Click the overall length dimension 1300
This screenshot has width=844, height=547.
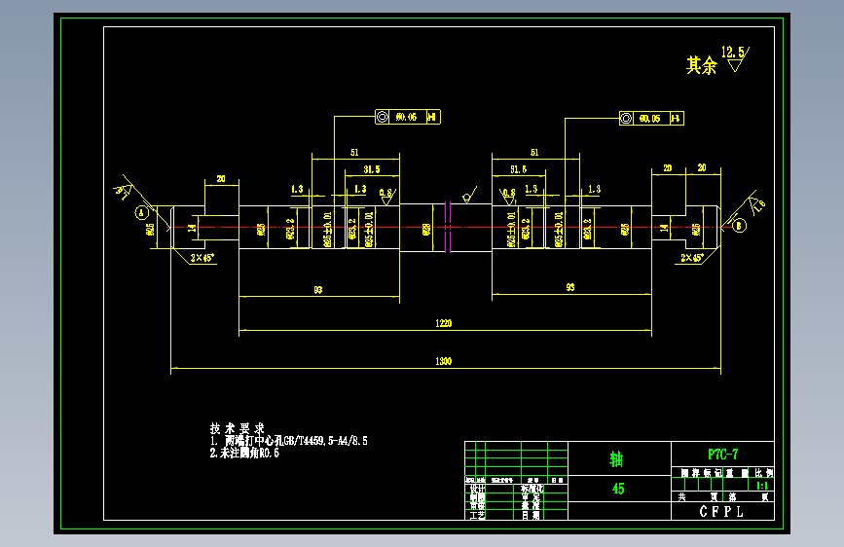[x=444, y=361]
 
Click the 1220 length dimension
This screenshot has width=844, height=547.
[x=444, y=322]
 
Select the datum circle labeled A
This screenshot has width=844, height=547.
[x=141, y=211]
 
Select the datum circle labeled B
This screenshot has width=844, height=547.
[x=738, y=225]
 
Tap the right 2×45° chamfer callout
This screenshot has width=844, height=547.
[x=692, y=258]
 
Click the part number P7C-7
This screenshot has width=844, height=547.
[x=722, y=454]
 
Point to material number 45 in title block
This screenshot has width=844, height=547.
[x=618, y=489]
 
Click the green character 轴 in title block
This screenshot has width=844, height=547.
[x=616, y=457]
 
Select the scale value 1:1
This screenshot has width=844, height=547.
[x=762, y=484]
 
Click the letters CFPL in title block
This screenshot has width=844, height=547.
[x=721, y=510]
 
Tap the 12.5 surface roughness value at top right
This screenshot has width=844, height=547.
[x=733, y=51]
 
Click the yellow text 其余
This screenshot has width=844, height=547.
[x=701, y=66]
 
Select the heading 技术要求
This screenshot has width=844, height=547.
[x=237, y=428]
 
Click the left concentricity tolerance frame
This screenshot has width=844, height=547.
[x=406, y=117]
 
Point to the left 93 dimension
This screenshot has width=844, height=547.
[x=317, y=289]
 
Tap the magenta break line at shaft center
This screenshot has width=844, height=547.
[x=449, y=228]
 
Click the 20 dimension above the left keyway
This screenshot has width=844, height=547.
[x=221, y=179]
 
